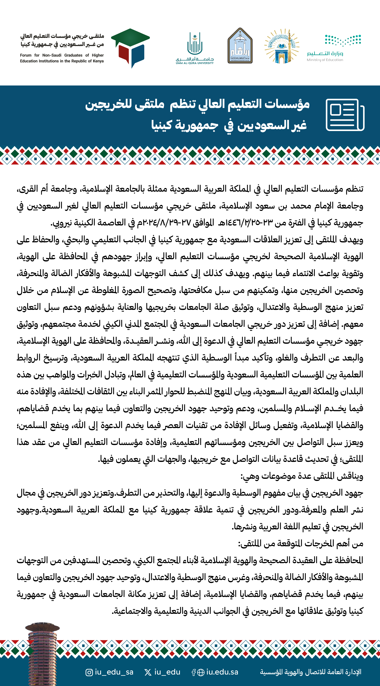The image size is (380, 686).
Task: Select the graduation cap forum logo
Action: pos(130,48)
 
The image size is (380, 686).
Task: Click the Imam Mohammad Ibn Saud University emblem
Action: pos(240,46)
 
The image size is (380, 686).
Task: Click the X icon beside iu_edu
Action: pos(148,672)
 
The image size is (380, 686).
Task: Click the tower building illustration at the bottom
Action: pos(42,652)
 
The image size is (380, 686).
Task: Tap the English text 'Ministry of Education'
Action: pos(325,60)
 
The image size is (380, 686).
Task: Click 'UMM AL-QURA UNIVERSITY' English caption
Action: pos(195,63)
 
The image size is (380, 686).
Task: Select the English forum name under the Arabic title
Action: pos(62,58)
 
